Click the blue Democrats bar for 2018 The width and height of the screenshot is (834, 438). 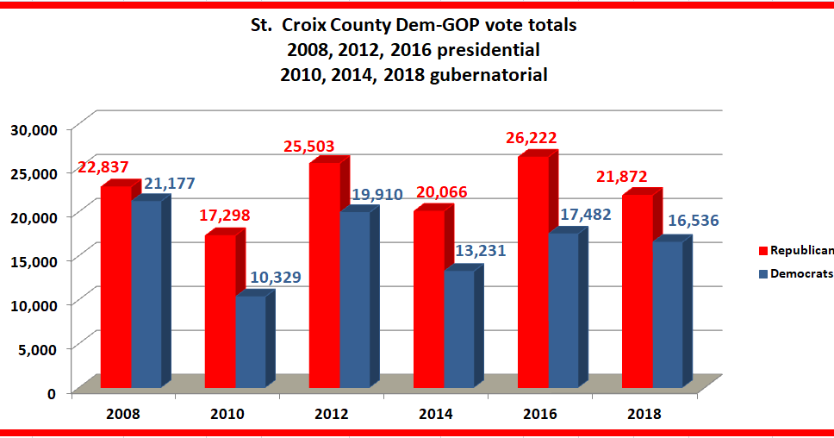pos(667,315)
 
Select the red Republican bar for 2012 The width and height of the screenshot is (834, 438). pos(324,275)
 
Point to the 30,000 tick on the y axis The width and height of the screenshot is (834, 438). pos(32,128)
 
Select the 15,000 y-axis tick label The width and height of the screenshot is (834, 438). pos(32,260)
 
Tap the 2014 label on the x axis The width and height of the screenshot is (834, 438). pos(436,414)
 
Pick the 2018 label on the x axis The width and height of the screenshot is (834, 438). pos(644,414)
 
